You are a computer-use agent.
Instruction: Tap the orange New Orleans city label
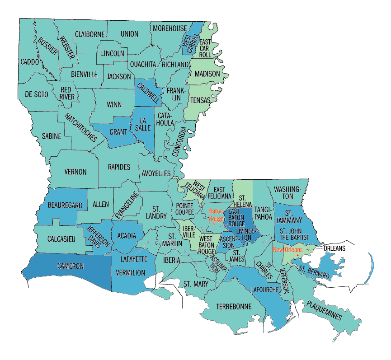(287, 249)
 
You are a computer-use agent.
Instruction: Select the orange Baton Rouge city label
(216, 215)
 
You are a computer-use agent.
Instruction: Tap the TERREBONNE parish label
(233, 306)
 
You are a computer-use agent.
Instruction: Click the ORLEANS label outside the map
(334, 248)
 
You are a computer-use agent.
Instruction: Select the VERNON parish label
(75, 172)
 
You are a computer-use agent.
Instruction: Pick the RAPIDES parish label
(119, 167)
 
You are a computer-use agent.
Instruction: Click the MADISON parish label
(207, 74)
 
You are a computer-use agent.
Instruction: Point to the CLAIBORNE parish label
(90, 34)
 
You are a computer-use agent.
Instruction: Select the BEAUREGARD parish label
(64, 206)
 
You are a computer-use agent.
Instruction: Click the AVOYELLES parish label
(156, 173)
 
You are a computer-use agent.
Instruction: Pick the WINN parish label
(114, 104)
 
